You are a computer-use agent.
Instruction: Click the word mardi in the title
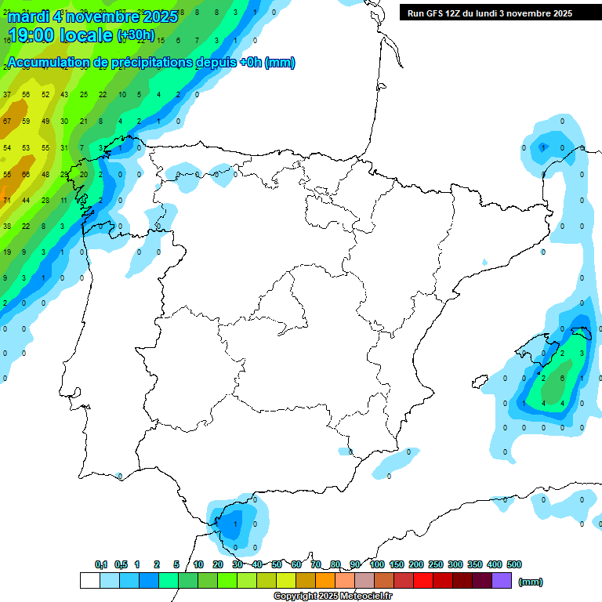[28, 15]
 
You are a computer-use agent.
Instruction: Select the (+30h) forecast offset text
[136, 35]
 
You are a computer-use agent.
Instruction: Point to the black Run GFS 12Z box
[489, 13]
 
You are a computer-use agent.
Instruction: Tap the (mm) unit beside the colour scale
[531, 582]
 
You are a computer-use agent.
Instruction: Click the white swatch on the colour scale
[89, 580]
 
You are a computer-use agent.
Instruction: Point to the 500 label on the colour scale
[514, 564]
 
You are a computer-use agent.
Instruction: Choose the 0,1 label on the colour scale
[101, 564]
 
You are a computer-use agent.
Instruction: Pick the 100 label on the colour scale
[377, 564]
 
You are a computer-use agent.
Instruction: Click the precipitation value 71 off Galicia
[7, 201]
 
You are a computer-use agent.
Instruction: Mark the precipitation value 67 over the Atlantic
[7, 121]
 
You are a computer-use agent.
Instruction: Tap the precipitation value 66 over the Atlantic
[26, 174]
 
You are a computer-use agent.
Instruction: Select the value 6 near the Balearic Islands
[563, 378]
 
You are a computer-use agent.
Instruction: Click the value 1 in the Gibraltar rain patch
[235, 524]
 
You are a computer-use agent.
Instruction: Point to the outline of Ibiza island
[481, 382]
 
